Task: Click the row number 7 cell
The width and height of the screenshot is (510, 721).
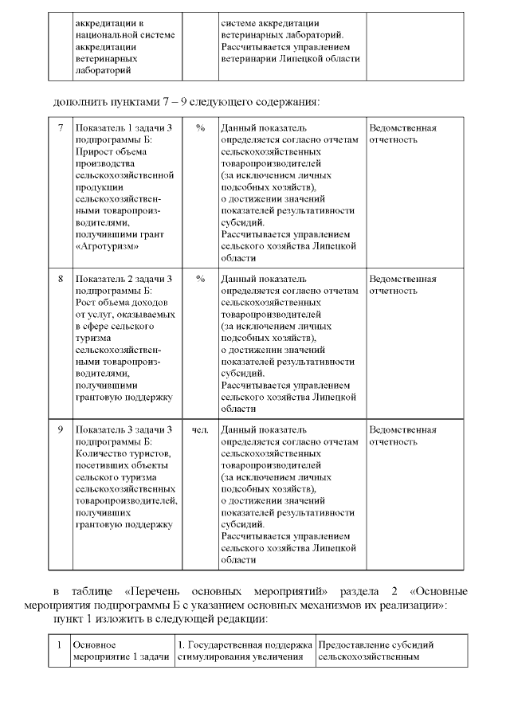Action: click(60, 128)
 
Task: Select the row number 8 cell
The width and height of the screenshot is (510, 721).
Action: click(60, 279)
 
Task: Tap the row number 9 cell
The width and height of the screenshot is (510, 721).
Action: click(60, 429)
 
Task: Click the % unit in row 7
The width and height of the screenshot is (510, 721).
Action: click(200, 128)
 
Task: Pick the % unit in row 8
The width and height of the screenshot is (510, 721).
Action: click(200, 279)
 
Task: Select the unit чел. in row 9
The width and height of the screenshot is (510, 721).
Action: click(200, 429)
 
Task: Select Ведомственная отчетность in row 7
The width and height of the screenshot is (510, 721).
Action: click(402, 134)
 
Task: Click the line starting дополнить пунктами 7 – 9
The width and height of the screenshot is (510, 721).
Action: click(186, 102)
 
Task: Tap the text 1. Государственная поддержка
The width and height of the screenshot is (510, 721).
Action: click(244, 644)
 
